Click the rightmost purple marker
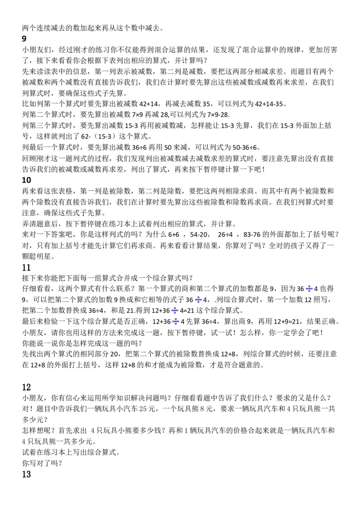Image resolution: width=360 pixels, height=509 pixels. coord(309,288)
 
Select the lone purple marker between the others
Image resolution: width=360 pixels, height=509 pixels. coord(198,299)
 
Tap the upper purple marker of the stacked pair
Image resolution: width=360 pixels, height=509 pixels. coord(175,311)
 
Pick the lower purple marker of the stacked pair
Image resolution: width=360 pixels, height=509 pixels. coord(176,322)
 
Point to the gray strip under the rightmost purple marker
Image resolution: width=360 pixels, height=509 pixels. coord(310,293)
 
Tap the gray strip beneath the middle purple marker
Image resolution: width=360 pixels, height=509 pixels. coord(198,304)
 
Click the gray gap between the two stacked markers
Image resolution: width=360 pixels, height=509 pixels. coord(176,317)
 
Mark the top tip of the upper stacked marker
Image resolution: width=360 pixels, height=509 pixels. coord(175,306)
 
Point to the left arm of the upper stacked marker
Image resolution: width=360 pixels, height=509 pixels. coord(171,311)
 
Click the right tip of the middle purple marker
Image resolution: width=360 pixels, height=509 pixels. coord(202,299)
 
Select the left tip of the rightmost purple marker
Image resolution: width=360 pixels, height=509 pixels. coord(306,288)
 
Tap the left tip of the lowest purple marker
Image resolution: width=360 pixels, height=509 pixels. coord(172,322)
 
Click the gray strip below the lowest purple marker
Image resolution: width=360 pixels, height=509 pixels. coord(176,326)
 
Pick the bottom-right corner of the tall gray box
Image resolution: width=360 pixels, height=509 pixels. coord(180,327)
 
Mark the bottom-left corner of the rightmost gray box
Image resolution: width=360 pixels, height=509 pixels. coord(306,294)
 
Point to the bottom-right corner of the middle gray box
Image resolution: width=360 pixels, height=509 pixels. coord(201,305)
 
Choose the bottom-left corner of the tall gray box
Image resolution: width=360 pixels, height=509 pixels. coord(173,327)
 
